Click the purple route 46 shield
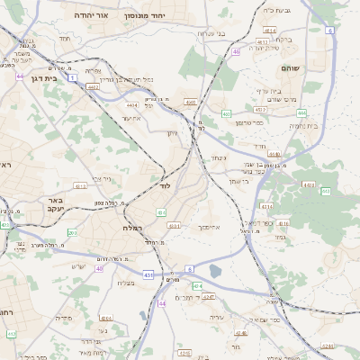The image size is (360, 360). coord(236,51)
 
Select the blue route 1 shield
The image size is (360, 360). coord(70,78)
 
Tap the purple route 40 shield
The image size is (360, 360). coord(99,268)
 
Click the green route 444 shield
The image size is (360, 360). coord(301,112)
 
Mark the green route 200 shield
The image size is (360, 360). coord(73,233)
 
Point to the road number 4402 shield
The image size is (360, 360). coord(93,87)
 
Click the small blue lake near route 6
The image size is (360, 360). coord(215,270)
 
